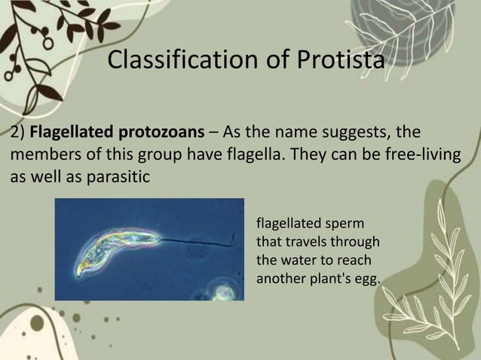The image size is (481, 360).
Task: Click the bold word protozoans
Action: (161, 133)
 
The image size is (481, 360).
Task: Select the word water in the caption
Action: (298, 261)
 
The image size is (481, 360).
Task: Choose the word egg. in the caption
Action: (369, 279)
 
